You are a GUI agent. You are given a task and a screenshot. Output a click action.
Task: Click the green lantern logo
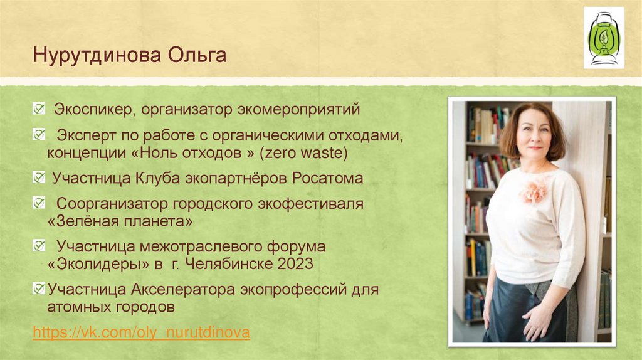[x=603, y=38]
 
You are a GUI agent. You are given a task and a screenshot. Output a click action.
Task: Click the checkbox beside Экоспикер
[x=39, y=110]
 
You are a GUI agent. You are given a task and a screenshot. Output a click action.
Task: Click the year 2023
[x=294, y=264]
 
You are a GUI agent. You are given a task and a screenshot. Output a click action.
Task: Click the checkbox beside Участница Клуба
[x=39, y=178]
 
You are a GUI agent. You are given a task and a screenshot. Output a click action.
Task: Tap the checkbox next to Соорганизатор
[x=39, y=204]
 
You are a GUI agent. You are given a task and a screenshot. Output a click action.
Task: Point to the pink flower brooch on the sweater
[x=534, y=190]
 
